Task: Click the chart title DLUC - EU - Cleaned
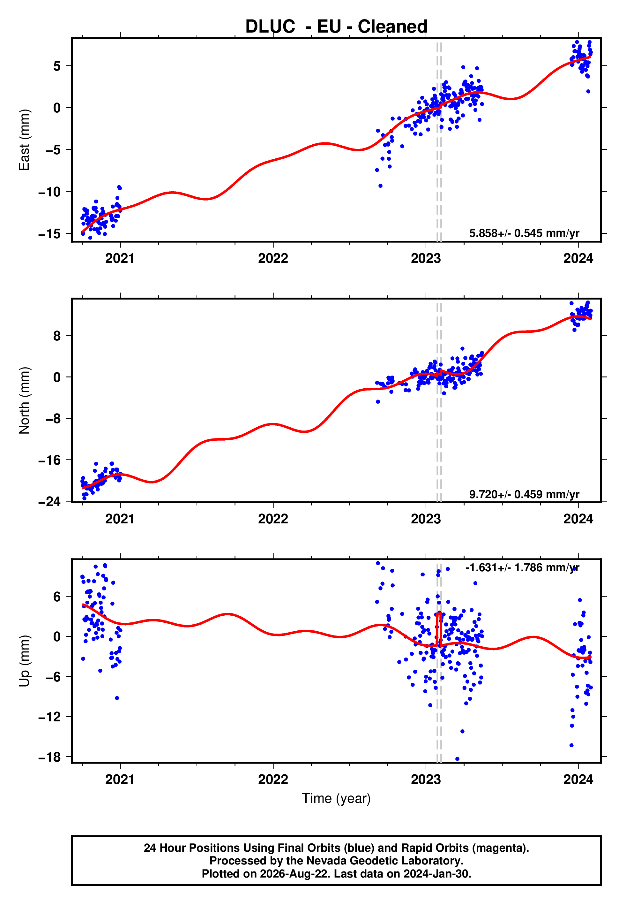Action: pos(336,27)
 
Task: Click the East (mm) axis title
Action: pos(24,140)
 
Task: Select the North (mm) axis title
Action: pos(24,400)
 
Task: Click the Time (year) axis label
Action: pos(336,799)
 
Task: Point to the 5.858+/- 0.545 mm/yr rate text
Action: pos(524,233)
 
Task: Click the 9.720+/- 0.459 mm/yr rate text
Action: pos(524,494)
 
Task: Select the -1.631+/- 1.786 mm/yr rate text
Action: pos(522,567)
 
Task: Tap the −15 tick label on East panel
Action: pos(49,234)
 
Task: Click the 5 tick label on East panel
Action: pos(57,66)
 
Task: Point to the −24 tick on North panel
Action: pos(49,502)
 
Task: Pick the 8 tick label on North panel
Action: pos(57,336)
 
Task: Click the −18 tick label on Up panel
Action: pos(49,757)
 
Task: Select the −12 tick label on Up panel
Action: pos(49,717)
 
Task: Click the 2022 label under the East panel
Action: pos(273,258)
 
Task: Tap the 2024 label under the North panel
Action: pos(578,519)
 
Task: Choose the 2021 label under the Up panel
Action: pos(120,779)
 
